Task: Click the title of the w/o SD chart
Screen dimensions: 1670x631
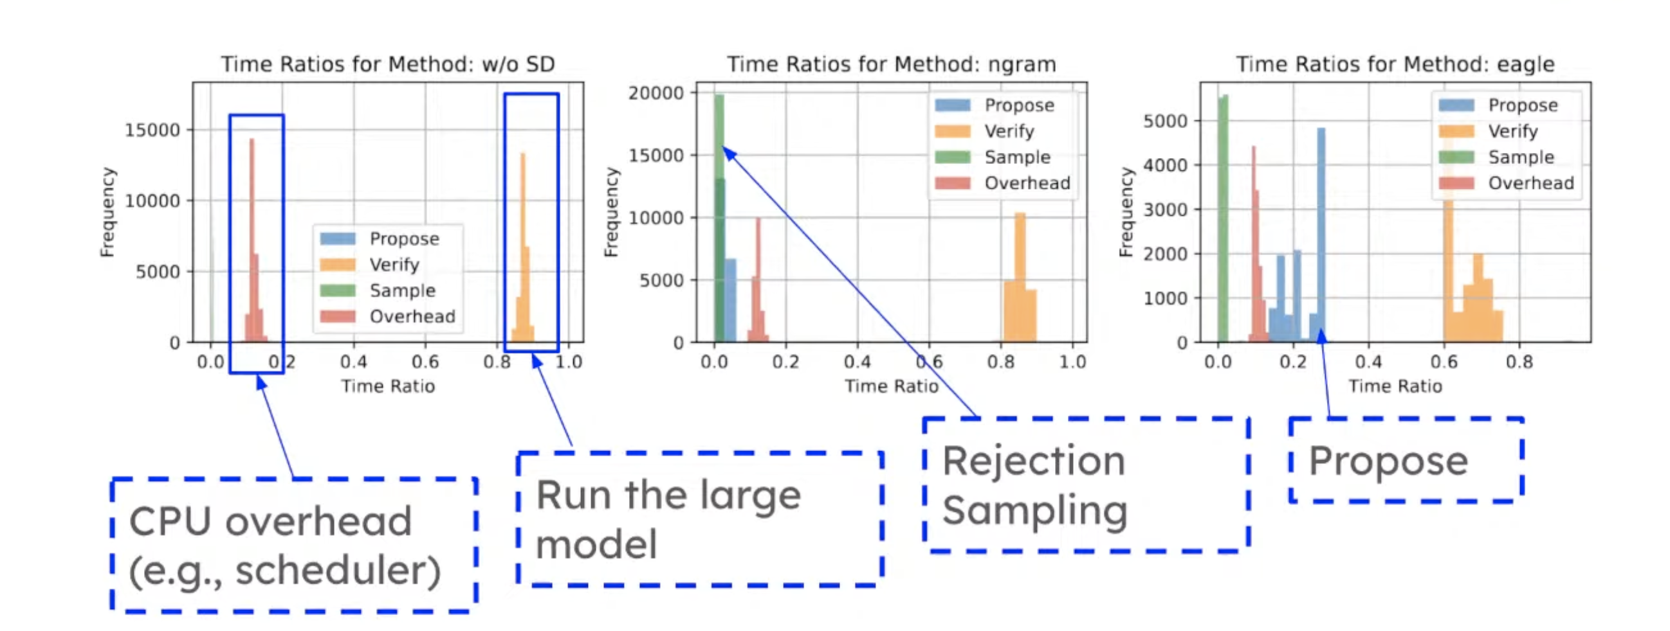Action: (388, 64)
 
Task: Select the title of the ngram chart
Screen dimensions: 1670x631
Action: (892, 64)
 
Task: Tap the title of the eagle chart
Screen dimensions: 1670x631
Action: (1395, 64)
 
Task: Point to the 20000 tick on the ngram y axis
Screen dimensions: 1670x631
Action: (656, 93)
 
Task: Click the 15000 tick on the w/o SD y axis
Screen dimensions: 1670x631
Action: (152, 130)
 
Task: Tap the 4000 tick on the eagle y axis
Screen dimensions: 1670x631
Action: (1166, 165)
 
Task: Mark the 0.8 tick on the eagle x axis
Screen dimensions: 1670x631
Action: (1519, 362)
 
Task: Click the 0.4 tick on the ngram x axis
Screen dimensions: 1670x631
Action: (857, 362)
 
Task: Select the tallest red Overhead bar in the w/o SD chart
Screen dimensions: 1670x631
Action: (252, 240)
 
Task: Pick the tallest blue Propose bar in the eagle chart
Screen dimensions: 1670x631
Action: (1321, 235)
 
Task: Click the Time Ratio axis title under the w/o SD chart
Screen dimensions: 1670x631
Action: (388, 386)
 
